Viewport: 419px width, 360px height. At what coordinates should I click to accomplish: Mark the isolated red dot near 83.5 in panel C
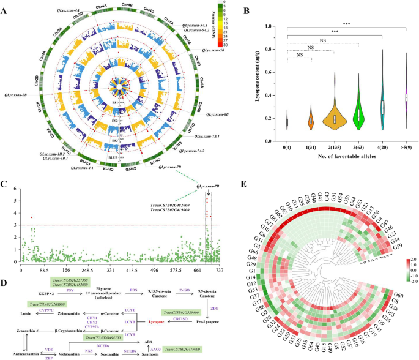(x=31, y=217)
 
